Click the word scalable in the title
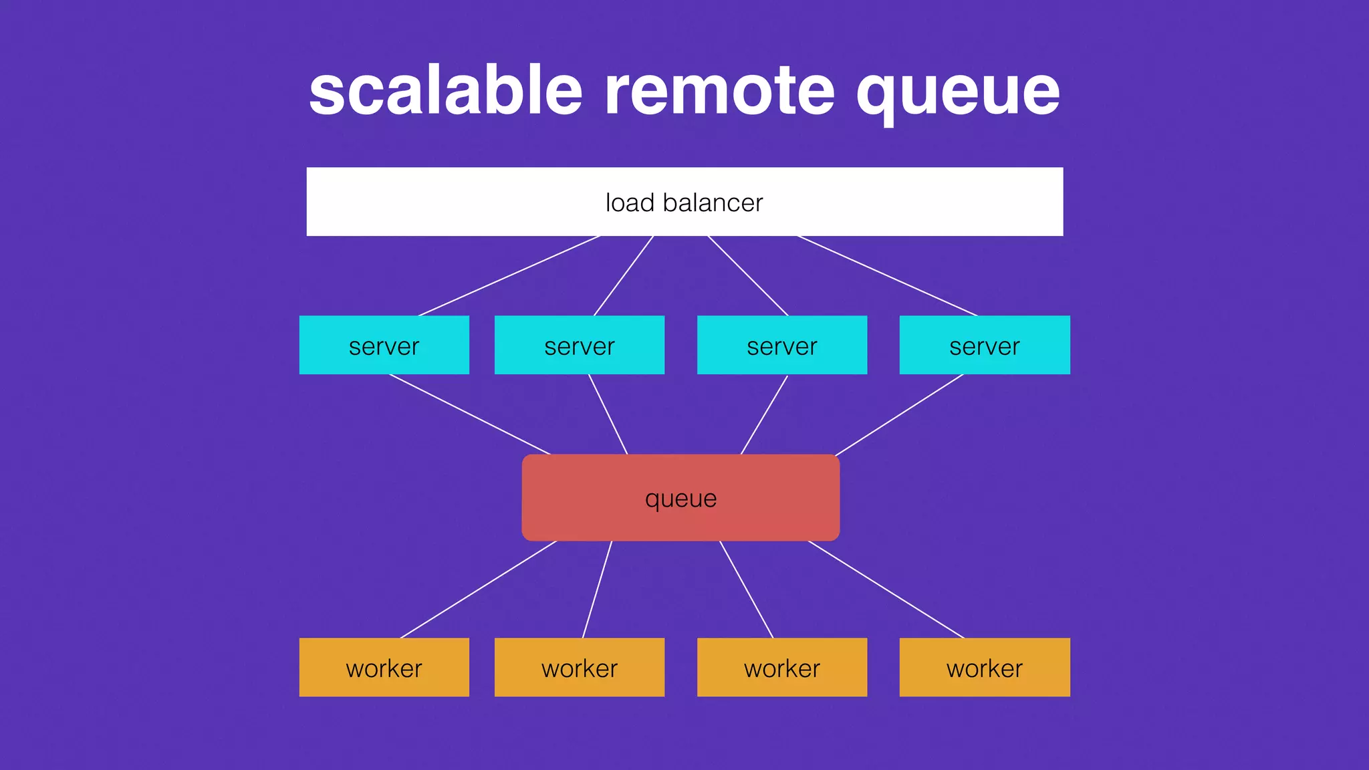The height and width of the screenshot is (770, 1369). [x=446, y=92]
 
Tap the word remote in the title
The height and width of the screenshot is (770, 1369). [x=719, y=92]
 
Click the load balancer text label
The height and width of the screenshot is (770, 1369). [x=684, y=203]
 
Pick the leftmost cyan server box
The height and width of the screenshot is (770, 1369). [x=384, y=345]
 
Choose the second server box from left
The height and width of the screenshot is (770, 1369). [x=579, y=345]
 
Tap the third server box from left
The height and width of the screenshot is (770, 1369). [x=781, y=345]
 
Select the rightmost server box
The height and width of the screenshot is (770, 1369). [x=984, y=345]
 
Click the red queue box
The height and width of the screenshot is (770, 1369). [x=680, y=498]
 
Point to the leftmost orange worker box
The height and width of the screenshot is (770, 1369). [x=384, y=667]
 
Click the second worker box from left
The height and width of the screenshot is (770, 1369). [x=579, y=667]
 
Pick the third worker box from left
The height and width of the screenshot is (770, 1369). [x=781, y=667]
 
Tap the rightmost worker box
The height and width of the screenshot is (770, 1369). [x=984, y=667]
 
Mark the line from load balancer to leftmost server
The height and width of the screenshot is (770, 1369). [x=509, y=276]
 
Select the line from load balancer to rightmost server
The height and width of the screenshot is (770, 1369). [x=887, y=275]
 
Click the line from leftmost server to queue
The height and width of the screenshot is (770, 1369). [x=470, y=414]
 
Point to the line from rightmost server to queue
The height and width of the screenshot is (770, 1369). [x=900, y=414]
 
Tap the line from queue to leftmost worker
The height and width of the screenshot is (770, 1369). [x=479, y=590]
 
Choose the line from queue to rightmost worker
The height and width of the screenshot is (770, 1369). [x=886, y=590]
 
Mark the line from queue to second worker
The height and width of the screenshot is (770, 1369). [x=597, y=590]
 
